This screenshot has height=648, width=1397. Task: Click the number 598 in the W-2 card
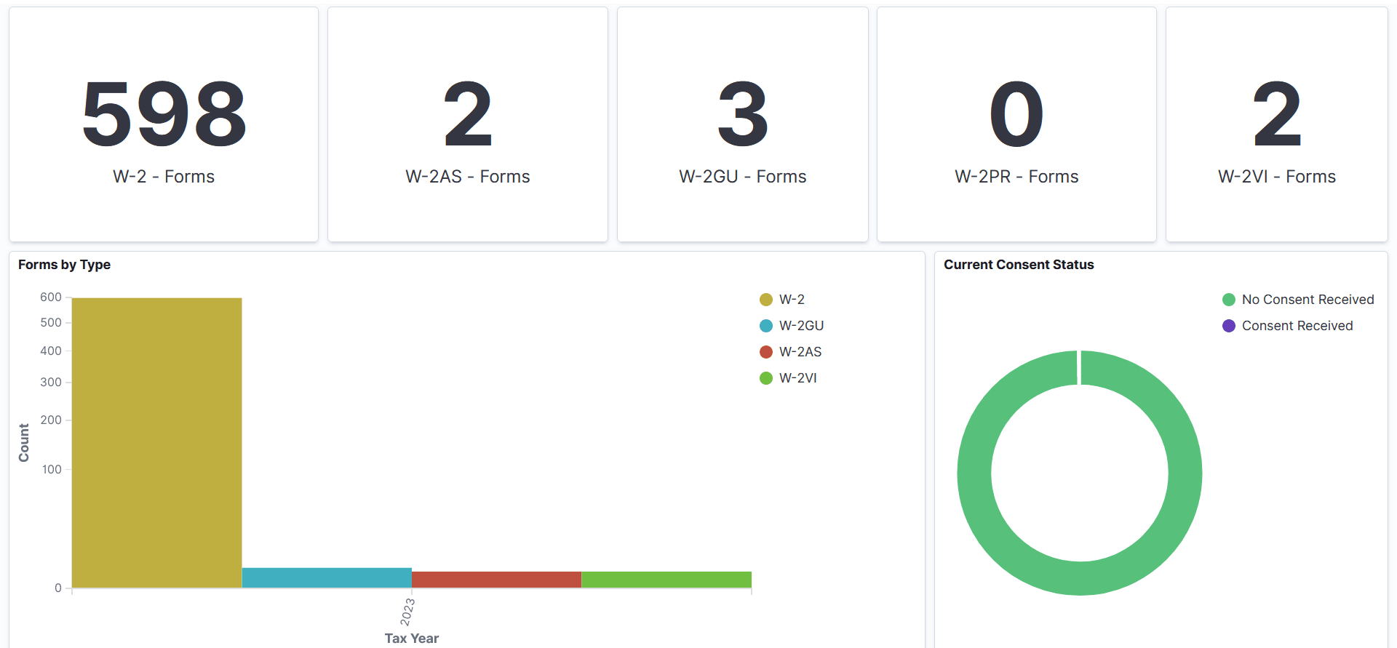pos(164,114)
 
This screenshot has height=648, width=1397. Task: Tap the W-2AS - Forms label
pos(467,177)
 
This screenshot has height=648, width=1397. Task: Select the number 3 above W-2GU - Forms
pos(742,114)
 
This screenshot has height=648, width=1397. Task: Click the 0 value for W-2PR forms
pos(1016,114)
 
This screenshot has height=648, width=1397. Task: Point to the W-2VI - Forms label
pos(1276,177)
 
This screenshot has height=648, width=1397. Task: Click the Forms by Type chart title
pos(64,265)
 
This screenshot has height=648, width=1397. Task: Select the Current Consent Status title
pos(1019,265)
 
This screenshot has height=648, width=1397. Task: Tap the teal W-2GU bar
pos(327,577)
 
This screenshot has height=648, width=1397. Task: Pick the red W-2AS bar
pos(496,580)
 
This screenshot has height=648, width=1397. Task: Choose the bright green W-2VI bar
pos(666,580)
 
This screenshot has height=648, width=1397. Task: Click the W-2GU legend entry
pos(801,326)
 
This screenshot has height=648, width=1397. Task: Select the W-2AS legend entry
pos(800,352)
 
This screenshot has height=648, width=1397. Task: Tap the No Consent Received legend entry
pos(1308,300)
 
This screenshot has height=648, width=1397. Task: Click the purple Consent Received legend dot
pos(1229,326)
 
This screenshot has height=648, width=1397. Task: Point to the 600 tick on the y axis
pos(51,297)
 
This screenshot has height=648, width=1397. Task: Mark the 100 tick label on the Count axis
pos(52,469)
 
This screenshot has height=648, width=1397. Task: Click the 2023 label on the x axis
pos(407,612)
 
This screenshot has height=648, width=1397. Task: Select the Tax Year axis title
pos(411,639)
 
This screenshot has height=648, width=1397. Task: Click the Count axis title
pos(24,442)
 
